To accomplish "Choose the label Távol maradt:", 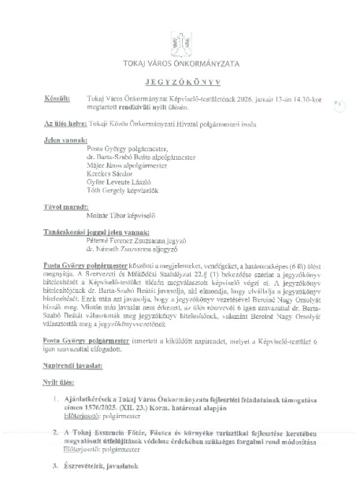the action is pyautogui.click(x=62, y=206).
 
